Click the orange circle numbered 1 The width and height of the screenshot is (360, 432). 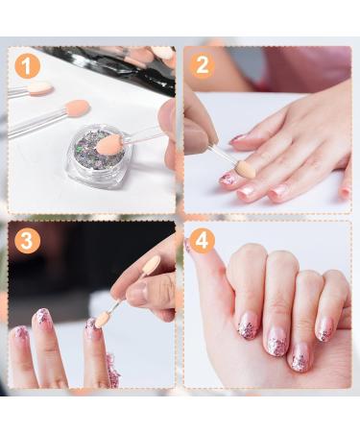point(27,66)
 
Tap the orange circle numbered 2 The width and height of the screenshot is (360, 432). point(202,66)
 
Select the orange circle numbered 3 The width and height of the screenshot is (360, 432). point(27,241)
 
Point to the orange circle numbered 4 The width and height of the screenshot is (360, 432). point(202,241)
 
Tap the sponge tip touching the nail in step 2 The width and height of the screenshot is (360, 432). point(245,169)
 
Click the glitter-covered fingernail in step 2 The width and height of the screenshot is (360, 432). point(228,179)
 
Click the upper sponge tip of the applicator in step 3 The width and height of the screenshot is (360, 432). point(151,265)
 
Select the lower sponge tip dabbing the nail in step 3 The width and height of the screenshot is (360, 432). point(103,320)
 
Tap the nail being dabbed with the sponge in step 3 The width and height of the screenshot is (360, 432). point(91,324)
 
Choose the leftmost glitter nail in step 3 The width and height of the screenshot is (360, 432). point(19,333)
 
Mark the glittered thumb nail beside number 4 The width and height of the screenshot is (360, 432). point(187,246)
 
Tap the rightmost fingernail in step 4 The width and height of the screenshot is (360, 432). point(324,330)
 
